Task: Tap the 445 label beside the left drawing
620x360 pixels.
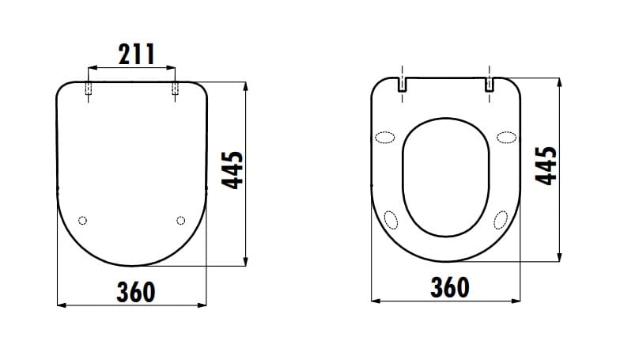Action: (232, 170)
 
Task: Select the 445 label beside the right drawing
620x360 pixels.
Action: (546, 165)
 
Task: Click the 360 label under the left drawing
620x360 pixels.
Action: (136, 292)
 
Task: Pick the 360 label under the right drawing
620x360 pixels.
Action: (449, 287)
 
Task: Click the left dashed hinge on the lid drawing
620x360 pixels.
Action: (89, 89)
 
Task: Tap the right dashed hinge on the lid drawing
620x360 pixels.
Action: (175, 89)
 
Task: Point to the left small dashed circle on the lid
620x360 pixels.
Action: (82, 220)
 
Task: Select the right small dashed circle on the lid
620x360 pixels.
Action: (180, 220)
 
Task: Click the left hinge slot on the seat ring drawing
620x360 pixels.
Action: (402, 84)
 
